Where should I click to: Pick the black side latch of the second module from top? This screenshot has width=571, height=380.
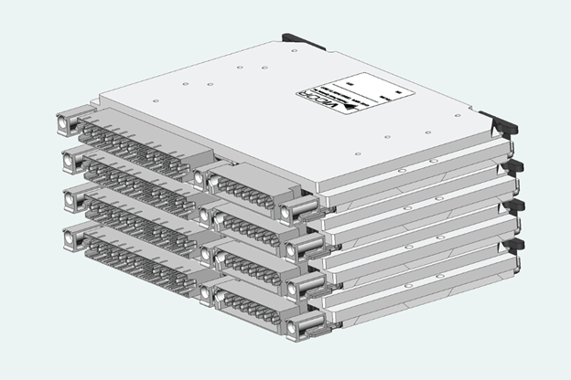click(x=514, y=166)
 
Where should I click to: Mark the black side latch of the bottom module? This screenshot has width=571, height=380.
click(x=517, y=244)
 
